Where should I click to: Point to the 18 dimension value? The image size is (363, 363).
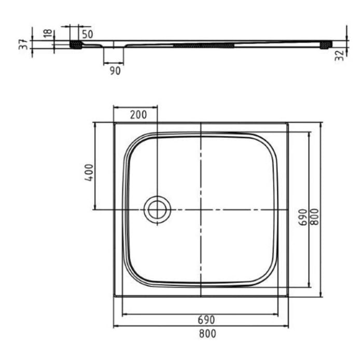click(48, 34)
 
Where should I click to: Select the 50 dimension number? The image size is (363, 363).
click(87, 34)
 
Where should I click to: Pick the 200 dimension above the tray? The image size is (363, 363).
click(138, 115)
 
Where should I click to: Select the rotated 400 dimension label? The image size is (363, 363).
click(89, 172)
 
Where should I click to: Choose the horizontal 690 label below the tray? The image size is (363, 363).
click(206, 319)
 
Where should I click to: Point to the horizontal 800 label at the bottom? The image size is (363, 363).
click(206, 333)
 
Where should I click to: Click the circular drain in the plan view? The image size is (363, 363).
click(156, 209)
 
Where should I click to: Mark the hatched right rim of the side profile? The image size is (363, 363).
click(326, 45)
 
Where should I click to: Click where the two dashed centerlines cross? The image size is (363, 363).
click(201, 209)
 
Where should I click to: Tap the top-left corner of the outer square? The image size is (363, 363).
click(114, 122)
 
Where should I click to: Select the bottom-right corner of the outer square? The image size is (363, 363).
click(288, 297)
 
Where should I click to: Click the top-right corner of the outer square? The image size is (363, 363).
click(288, 122)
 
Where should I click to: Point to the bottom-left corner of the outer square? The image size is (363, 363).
click(114, 297)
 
